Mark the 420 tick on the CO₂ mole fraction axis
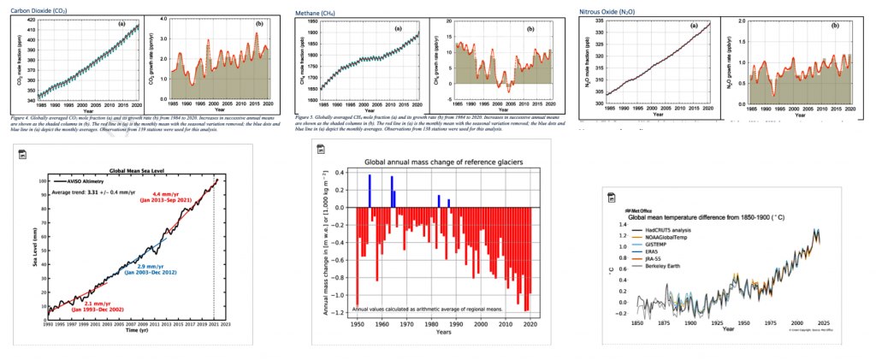pyautogui.click(x=32, y=20)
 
